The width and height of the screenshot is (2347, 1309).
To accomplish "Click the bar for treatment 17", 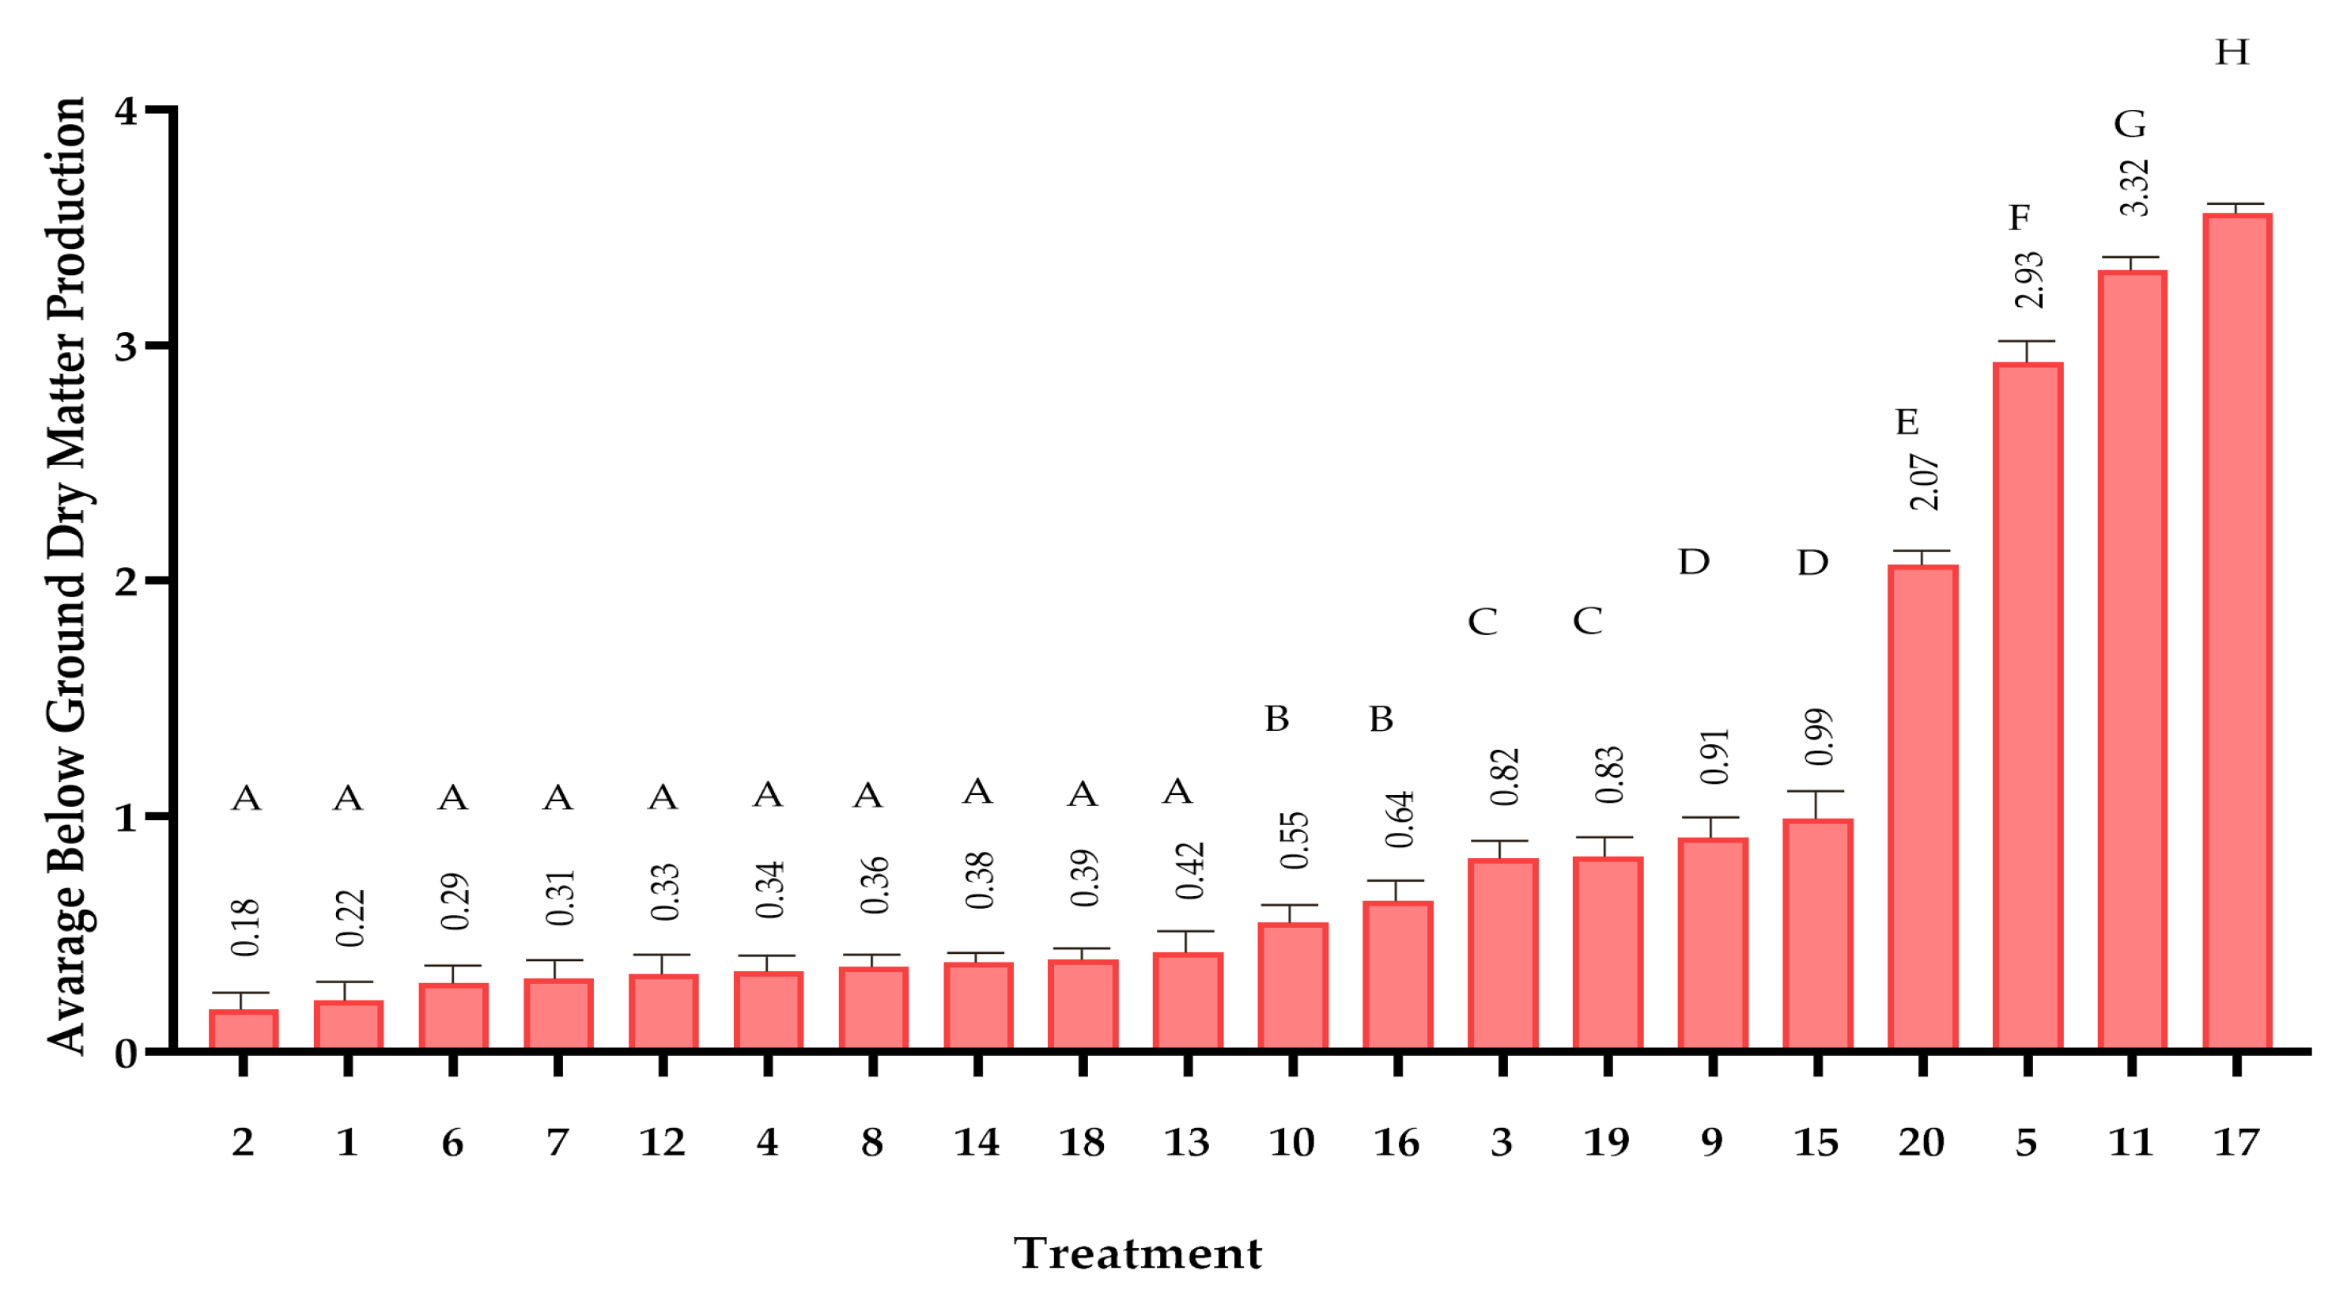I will [2237, 631].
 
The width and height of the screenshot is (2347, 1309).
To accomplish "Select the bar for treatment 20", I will [1922, 807].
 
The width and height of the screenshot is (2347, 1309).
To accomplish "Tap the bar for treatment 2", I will [244, 1029].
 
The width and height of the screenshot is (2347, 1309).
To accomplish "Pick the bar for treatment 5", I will [2028, 706].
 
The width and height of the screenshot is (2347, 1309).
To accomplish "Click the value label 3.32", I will [2133, 187].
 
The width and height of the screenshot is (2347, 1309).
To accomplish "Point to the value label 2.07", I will [1924, 482].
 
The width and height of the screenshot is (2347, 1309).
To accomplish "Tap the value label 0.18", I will [245, 927].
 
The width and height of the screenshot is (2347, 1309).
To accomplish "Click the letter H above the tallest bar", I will [2232, 53].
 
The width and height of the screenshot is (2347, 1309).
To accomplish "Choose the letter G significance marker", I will [2130, 124].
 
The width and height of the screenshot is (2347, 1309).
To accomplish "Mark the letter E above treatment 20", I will [1907, 422].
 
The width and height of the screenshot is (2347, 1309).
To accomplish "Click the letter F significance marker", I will [2020, 218].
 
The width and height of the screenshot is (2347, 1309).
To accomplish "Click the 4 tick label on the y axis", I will [126, 112].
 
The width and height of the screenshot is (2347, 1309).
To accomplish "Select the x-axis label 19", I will [1606, 1142].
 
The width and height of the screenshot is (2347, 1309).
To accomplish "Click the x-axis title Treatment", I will [1138, 1254].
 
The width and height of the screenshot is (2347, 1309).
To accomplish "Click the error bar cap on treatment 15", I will [1816, 791].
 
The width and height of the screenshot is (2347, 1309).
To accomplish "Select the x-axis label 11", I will [2131, 1142].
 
